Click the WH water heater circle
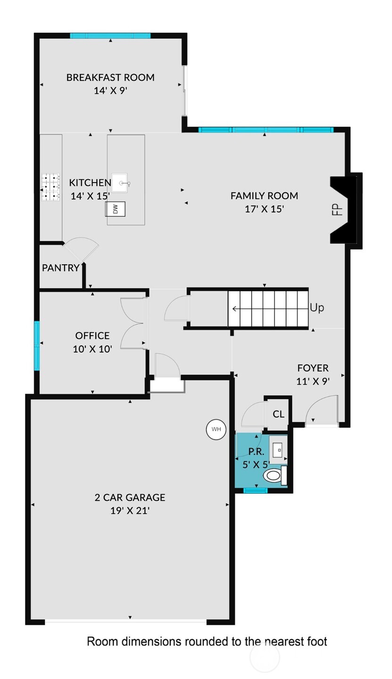pyautogui.click(x=216, y=429)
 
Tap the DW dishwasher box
pyautogui.click(x=115, y=209)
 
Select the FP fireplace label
pyautogui.click(x=337, y=209)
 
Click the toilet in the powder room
pyautogui.click(x=274, y=475)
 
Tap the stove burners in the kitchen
pyautogui.click(x=51, y=188)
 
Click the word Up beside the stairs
pyautogui.click(x=317, y=308)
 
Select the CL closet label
pyautogui.click(x=278, y=414)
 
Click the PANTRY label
pyautogui.click(x=60, y=268)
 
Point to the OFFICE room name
pyautogui.click(x=92, y=335)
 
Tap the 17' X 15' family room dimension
pyautogui.click(x=264, y=209)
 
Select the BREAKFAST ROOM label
pyautogui.click(x=110, y=77)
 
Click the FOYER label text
pyautogui.click(x=313, y=368)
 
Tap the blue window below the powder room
pyautogui.click(x=255, y=490)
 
